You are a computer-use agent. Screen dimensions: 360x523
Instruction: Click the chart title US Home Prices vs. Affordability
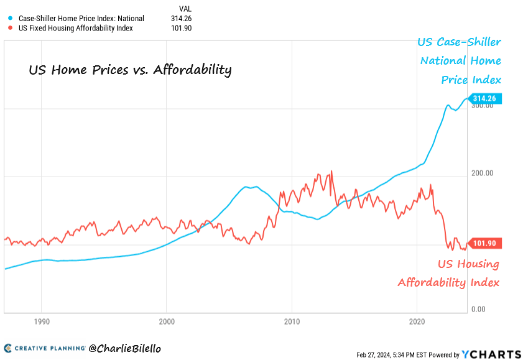130,70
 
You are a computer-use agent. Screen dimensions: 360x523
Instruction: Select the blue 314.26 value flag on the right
486,98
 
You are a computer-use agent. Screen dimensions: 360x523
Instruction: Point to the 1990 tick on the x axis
41,322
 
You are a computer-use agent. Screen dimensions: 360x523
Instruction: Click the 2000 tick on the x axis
167,322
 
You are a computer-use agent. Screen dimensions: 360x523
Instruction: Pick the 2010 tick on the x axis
292,322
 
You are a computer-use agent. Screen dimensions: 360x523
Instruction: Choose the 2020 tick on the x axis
417,322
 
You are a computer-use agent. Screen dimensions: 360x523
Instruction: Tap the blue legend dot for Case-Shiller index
9,19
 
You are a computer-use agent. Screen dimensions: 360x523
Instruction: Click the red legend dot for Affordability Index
9,28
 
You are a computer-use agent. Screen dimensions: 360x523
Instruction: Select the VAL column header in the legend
185,9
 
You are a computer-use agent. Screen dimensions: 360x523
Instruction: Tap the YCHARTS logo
491,354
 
